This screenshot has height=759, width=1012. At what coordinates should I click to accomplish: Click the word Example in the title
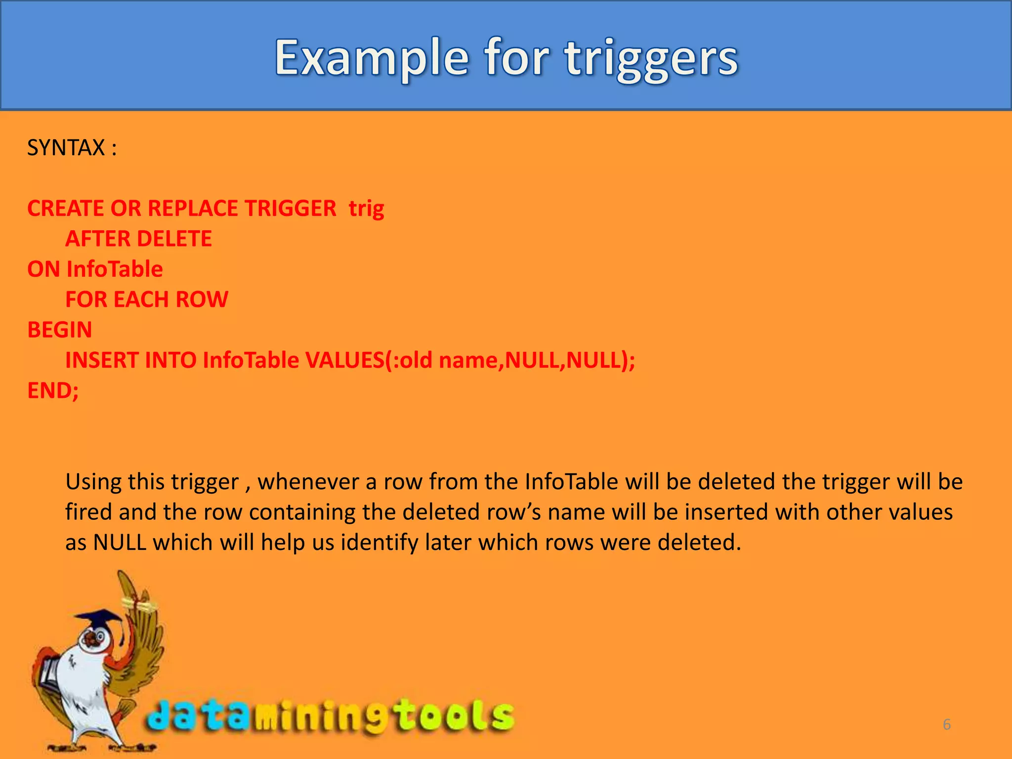(x=371, y=58)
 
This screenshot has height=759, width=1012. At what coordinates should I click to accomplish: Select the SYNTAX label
(x=66, y=148)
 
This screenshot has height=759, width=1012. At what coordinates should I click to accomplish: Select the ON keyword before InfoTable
(x=43, y=269)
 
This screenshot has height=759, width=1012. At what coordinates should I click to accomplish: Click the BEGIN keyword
(x=60, y=330)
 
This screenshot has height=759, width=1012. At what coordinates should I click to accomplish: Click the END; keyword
(x=53, y=391)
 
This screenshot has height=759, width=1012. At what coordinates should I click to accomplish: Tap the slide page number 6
(x=947, y=724)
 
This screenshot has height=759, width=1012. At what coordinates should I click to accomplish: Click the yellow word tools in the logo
(x=455, y=716)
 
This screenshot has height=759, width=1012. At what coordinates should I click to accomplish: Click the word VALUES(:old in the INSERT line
(x=369, y=360)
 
